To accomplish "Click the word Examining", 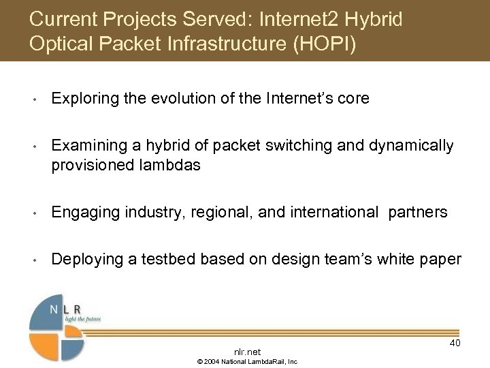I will pyautogui.click(x=86, y=145).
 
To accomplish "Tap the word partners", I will pyautogui.click(x=418, y=213).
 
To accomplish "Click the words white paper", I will pyautogui.click(x=425, y=259).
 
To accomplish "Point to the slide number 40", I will pyautogui.click(x=455, y=343).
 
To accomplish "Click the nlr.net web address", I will pyautogui.click(x=246, y=352).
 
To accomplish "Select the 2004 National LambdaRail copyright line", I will pyautogui.click(x=247, y=362).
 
